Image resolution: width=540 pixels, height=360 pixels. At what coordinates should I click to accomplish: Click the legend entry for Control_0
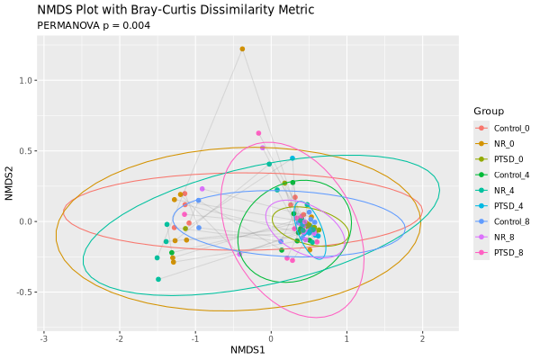tap(510, 128)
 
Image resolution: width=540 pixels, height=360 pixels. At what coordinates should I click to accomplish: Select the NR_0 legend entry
tap(505, 143)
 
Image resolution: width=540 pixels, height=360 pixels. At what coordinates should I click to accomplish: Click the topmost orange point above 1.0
tap(242, 49)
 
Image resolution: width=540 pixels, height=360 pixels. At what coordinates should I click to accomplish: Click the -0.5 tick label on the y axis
tap(26, 292)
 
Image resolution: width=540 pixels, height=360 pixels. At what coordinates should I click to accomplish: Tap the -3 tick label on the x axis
tap(43, 337)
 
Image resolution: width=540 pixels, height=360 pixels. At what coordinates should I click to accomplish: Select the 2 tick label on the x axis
tap(422, 337)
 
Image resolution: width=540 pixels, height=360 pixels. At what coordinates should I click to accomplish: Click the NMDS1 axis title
tap(247, 350)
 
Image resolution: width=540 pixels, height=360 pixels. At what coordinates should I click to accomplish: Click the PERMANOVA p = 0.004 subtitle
tap(94, 25)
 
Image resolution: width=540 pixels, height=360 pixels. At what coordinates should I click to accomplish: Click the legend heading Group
tap(489, 111)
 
